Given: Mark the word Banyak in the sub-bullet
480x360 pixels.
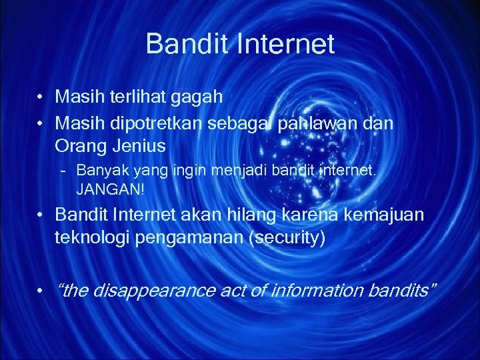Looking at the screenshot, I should pos(97,171).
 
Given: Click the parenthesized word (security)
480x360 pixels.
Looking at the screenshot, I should pos(286,237).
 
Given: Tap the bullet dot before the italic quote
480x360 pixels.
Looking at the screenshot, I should pos(42,291).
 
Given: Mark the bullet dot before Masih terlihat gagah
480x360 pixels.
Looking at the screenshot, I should pos(42,98).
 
